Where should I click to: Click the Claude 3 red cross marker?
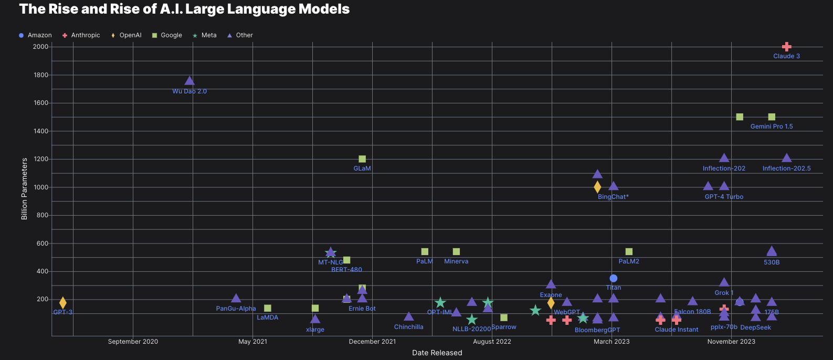[786, 47]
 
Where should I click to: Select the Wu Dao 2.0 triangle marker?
[189, 81]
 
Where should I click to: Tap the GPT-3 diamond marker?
[63, 303]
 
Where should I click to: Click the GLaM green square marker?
[362, 159]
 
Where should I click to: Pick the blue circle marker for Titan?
[613, 278]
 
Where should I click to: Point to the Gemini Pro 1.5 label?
[771, 126]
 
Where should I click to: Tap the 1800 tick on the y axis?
[40, 75]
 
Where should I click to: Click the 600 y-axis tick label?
[42, 243]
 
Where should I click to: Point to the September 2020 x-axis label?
[133, 342]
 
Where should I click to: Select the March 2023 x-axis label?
[611, 342]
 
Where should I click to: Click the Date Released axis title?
[437, 353]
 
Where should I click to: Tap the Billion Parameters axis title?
[24, 189]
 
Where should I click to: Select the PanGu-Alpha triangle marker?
[236, 299]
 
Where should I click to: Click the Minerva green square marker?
[456, 252]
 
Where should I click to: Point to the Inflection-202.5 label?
[786, 168]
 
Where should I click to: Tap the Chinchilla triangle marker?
[408, 316]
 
